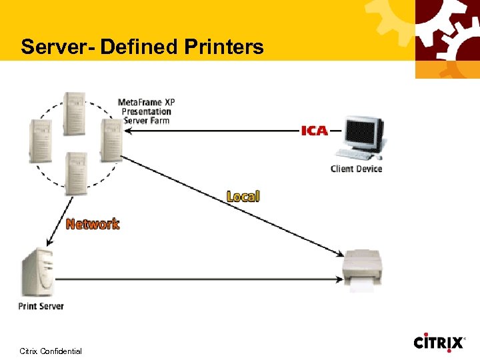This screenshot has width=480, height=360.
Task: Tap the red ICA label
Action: coord(315,131)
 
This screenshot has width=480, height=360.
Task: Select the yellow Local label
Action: coord(243,196)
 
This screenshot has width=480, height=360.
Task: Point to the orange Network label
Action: coord(93,224)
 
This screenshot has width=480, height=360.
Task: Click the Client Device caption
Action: coord(357,169)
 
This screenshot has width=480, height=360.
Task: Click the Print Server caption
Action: coord(41,306)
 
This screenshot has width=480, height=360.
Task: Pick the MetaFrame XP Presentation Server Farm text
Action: coord(146,111)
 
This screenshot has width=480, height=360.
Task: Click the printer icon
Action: coord(363,267)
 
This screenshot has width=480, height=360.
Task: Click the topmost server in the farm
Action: coord(73,113)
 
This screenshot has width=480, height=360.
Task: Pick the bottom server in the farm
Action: coord(75,173)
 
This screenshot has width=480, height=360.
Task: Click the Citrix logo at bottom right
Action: coord(439,343)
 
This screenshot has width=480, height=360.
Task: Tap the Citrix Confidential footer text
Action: coord(51,351)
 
